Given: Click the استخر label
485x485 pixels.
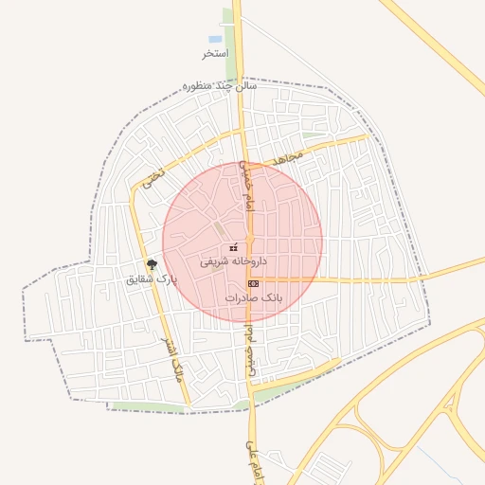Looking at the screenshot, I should click(x=215, y=53).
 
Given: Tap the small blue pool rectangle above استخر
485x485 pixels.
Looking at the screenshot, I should click(x=215, y=40).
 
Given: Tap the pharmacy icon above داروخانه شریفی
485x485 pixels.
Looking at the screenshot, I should click(x=233, y=247).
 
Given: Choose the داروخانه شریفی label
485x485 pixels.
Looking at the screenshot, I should click(x=233, y=260).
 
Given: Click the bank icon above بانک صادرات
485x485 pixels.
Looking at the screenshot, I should click(x=252, y=283).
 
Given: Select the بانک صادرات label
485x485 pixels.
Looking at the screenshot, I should click(x=254, y=297).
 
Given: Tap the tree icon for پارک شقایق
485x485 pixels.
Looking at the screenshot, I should click(x=152, y=265).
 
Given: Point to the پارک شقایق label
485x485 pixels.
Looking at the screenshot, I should click(x=152, y=279).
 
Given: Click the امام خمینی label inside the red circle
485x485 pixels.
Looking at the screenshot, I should click(x=245, y=184).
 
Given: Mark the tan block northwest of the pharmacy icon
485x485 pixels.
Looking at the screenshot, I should click(x=219, y=229).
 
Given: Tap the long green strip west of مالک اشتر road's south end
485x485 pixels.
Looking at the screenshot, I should click(x=147, y=408).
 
